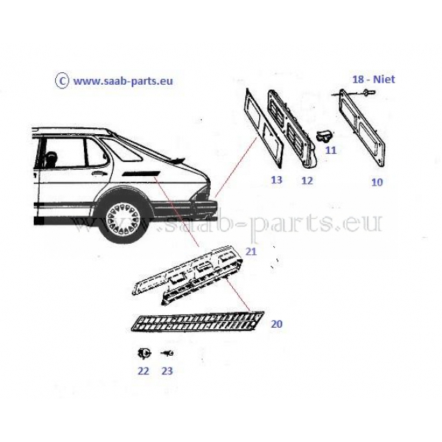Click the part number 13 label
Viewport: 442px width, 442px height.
coord(276,180)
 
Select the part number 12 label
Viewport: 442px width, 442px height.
coord(307,180)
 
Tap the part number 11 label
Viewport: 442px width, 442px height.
coord(331,150)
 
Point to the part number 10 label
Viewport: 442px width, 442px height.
coord(377,183)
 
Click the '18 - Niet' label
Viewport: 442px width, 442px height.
coord(373,80)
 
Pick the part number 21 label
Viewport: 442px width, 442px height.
coord(251,251)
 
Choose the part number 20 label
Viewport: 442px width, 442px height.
coord(276,324)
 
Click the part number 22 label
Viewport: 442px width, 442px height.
coord(143,371)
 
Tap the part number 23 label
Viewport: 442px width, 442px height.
coord(167,371)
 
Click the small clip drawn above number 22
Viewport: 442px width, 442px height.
coord(144,353)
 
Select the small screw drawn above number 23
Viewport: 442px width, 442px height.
coord(167,353)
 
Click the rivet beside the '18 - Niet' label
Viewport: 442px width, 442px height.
coord(369,91)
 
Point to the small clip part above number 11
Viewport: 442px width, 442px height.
coord(324,136)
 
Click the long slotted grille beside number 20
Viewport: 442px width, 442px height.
coord(197,322)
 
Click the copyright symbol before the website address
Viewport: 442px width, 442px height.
coord(62,81)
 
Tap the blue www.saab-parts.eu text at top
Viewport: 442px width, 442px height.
coord(123,82)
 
